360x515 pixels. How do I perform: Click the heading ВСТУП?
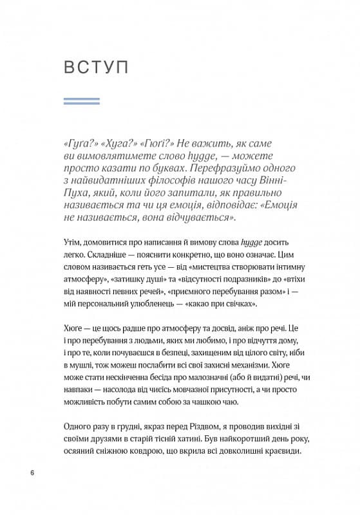pos(97,67)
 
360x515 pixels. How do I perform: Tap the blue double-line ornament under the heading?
pos(82,101)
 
